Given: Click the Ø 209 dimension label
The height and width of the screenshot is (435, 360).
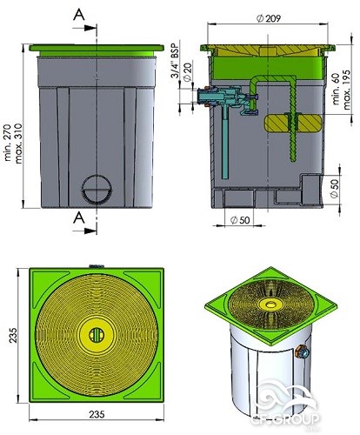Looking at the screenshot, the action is click(x=269, y=18).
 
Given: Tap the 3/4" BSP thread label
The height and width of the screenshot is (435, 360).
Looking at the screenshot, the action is click(x=175, y=59).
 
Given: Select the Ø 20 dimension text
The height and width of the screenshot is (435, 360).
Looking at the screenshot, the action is click(x=188, y=71).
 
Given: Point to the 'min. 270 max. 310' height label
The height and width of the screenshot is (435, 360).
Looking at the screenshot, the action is click(x=13, y=144).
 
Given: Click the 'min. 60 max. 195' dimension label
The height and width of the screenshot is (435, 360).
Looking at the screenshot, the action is click(x=342, y=90).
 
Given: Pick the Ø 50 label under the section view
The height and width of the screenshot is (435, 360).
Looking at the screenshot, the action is click(x=240, y=220).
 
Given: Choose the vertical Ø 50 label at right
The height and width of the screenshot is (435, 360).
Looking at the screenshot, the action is click(x=334, y=189).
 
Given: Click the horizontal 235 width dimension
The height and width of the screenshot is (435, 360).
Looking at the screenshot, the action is click(x=97, y=414).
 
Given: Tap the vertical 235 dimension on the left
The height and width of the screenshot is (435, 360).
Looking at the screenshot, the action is click(x=13, y=336).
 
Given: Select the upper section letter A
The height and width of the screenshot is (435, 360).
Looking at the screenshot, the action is click(x=79, y=15).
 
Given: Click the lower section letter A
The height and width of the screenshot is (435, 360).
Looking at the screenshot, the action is click(x=79, y=217).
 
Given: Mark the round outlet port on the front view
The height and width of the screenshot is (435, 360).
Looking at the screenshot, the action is click(x=97, y=190).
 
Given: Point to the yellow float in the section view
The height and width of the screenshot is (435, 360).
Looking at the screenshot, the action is click(x=293, y=123).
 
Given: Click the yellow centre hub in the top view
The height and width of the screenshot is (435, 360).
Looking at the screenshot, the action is click(x=97, y=335).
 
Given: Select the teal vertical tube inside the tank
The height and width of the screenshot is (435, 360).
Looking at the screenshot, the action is click(x=225, y=142).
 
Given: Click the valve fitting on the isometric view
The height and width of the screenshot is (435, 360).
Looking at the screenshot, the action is click(x=302, y=351).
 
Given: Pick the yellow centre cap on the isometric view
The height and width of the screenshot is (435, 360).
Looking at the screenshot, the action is click(x=270, y=304).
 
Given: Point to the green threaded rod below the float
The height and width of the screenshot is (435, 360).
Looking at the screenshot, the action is click(x=294, y=145).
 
